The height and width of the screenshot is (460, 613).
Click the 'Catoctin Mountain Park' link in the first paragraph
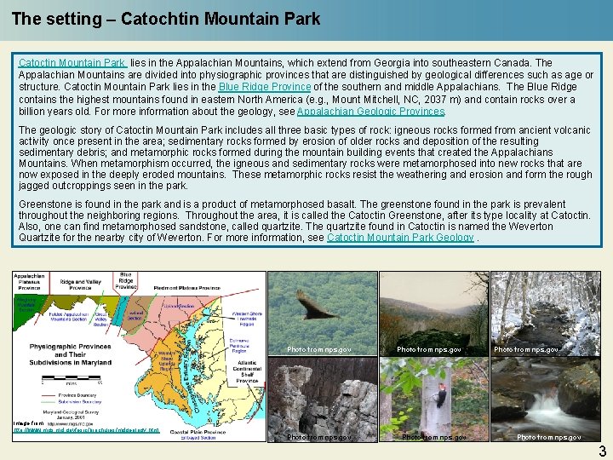[72, 63]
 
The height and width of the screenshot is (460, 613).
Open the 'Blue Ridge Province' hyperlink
[265, 87]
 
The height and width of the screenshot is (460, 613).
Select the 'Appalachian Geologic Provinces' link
[371, 112]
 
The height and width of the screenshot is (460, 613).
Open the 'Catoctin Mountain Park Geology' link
[400, 238]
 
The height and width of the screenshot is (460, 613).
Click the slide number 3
[601, 451]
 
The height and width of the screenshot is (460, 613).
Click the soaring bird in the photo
[316, 305]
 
